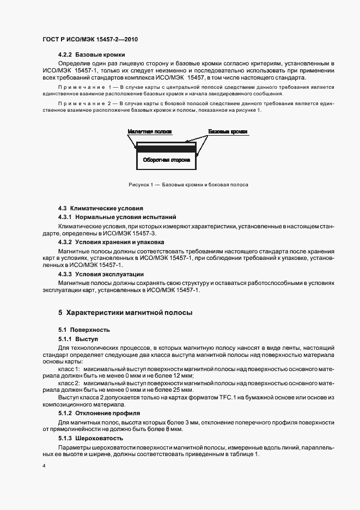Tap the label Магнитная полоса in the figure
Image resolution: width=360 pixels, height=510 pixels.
150,132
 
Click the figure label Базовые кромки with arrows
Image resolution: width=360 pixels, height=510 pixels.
228,132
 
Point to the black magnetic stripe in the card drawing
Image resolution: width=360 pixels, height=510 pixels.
166,148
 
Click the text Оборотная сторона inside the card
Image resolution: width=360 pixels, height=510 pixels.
166,161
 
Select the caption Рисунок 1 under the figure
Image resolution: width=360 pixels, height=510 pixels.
188,185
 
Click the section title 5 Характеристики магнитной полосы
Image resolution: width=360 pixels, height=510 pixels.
125,313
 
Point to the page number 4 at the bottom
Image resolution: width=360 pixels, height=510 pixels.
44,466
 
